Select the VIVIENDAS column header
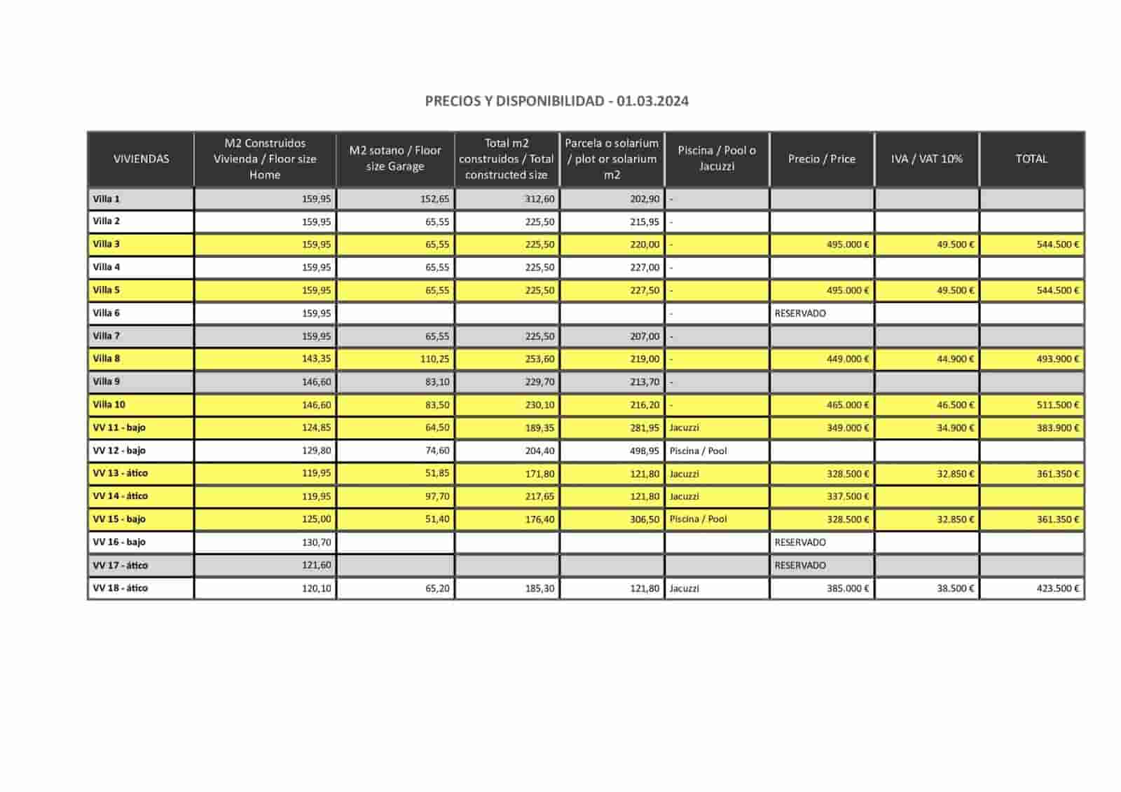[141, 159]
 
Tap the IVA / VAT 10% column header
[926, 159]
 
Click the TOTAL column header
[1031, 159]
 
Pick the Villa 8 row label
[106, 359]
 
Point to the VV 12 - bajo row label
[119, 451]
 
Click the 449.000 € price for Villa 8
[848, 359]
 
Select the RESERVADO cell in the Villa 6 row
[800, 313]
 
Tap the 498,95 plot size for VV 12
[644, 451]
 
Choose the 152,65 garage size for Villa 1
[434, 199]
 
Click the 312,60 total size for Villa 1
[539, 199]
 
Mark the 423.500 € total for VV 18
[1057, 589]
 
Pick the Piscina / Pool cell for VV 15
[698, 519]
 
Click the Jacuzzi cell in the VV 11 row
[684, 428]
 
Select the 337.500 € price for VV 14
[848, 496]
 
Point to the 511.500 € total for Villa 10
[1057, 405]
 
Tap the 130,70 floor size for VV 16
[316, 542]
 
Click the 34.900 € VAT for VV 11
[955, 428]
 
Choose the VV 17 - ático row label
[121, 566]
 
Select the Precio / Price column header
[821, 159]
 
